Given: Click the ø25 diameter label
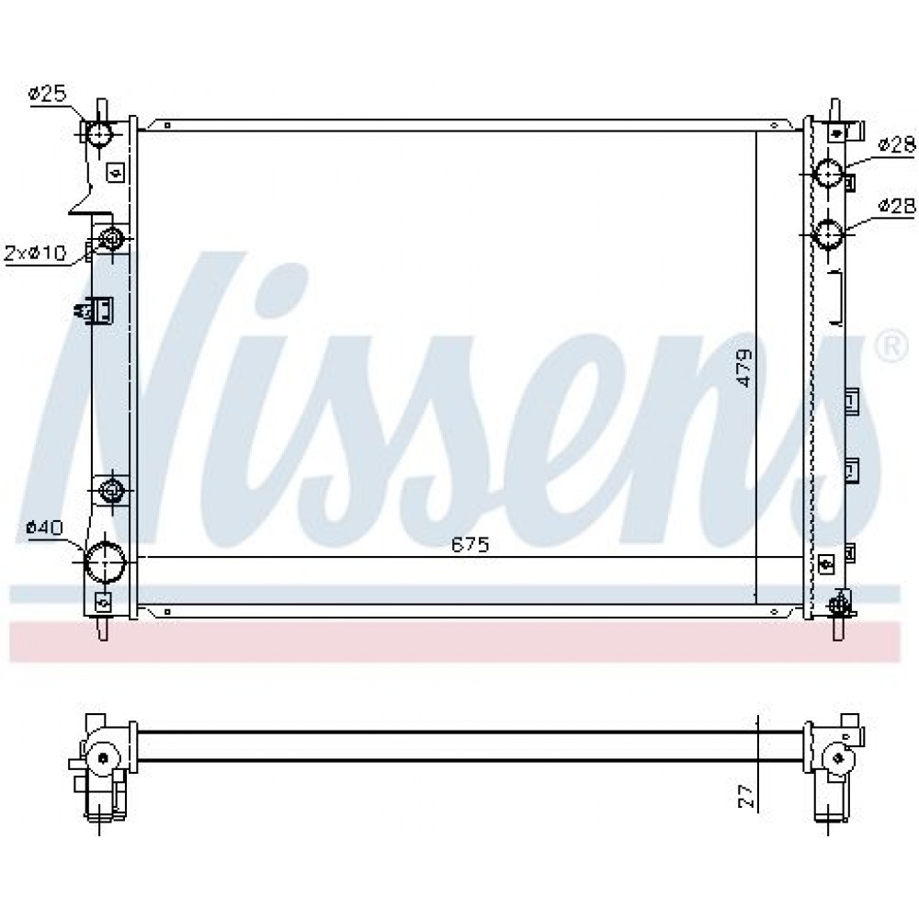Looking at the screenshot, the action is point(48,94).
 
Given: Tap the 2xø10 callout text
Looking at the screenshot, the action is point(35,254).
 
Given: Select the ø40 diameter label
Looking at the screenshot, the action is point(44,528).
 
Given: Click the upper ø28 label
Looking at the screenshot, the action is point(896,145).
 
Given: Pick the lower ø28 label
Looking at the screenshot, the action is point(896,205).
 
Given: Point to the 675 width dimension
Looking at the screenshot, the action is point(470,545).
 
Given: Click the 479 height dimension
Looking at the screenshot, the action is point(743,368).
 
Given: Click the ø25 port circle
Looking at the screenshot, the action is point(99,134).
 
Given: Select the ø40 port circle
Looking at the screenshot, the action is point(106,562).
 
